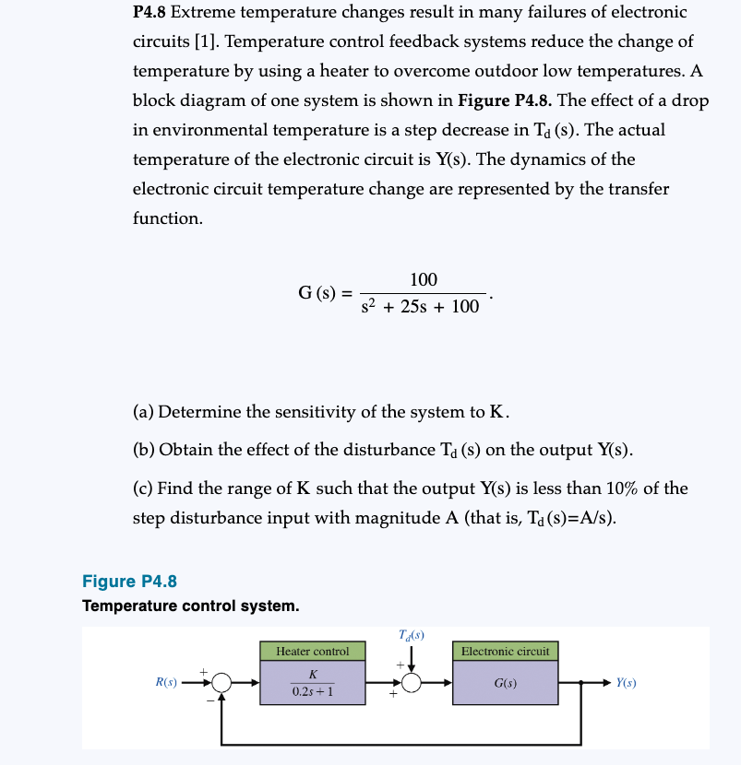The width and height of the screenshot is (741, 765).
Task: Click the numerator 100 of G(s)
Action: tap(424, 279)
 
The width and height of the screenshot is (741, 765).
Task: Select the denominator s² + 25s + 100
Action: tap(421, 307)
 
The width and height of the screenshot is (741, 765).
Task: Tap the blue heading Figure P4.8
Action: tap(129, 581)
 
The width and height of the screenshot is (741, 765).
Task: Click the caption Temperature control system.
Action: tap(190, 606)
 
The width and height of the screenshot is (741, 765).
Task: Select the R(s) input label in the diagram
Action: tap(166, 683)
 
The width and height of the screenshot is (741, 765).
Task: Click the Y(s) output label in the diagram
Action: tap(627, 683)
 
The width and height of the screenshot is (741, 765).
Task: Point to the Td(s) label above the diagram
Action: tap(412, 635)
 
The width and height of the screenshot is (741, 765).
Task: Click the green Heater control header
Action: tap(313, 652)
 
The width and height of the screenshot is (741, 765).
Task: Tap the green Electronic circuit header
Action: tap(506, 652)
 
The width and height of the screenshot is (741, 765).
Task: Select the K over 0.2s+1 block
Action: tap(313, 683)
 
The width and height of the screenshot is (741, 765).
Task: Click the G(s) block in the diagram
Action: tap(506, 683)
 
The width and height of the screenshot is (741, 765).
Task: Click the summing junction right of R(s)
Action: tap(221, 683)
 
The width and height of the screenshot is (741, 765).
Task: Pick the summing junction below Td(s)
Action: tap(412, 683)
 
